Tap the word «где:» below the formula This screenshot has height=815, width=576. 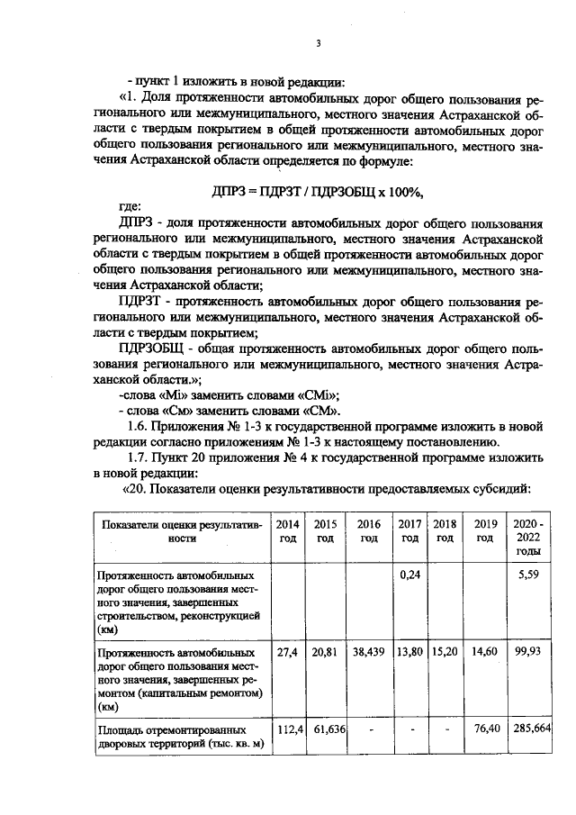130,206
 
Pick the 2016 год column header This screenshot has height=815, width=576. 369,531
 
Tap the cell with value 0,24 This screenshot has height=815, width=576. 410,574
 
